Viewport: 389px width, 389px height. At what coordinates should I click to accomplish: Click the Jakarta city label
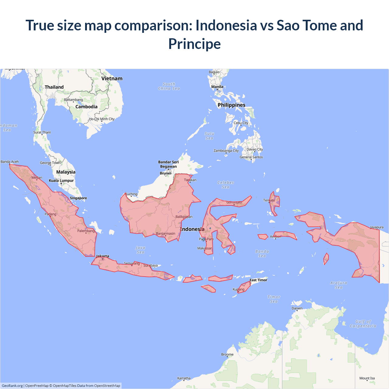(103, 256)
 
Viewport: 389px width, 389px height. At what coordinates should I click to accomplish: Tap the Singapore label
(78, 198)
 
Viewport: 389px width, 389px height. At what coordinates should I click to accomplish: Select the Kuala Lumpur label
(61, 181)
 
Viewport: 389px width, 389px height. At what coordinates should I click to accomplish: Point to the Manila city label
(217, 87)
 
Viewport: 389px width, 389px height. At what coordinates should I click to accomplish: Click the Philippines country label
(232, 105)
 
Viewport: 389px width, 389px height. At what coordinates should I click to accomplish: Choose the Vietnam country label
(112, 78)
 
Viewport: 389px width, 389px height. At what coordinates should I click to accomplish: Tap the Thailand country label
(54, 87)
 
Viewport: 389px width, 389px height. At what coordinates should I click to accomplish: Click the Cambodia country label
(86, 107)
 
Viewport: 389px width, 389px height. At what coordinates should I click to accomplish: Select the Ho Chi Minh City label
(102, 119)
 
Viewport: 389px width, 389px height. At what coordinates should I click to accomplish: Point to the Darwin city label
(297, 308)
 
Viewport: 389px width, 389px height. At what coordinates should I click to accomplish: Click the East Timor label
(258, 280)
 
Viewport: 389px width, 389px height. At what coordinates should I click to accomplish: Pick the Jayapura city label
(377, 227)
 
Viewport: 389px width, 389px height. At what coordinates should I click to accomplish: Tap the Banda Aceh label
(10, 162)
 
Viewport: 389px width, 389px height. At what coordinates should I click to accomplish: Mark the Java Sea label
(140, 250)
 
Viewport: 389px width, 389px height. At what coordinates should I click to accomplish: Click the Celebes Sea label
(225, 185)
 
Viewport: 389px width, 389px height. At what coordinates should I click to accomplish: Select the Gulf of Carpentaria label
(363, 324)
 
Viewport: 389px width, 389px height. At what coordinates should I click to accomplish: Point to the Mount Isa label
(367, 378)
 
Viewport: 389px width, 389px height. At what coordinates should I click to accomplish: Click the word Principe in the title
(194, 44)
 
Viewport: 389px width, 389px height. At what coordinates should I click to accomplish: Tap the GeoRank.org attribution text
(12, 386)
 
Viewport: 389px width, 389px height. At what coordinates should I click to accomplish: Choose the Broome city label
(227, 354)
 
